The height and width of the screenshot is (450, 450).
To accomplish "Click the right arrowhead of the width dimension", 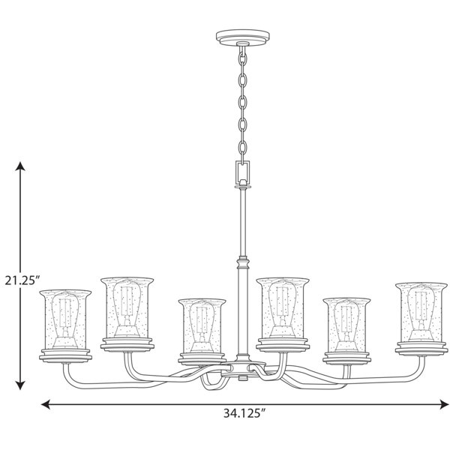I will pyautogui.click(x=442, y=405).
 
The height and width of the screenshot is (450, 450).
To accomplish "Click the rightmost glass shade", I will pyautogui.click(x=421, y=310).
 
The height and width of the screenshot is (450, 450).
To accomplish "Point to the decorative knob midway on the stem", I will pyautogui.click(x=242, y=263).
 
